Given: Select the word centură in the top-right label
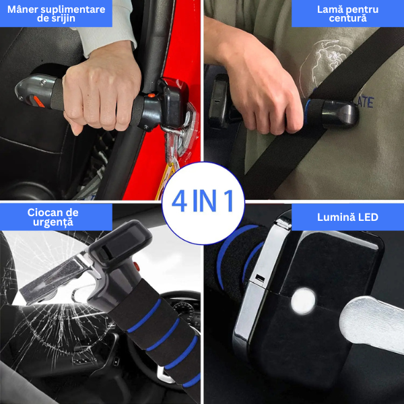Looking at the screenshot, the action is (347, 18).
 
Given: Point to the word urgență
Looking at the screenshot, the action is (53, 222).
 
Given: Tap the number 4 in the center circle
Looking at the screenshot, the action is (179, 201).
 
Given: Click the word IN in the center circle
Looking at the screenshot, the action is (204, 201).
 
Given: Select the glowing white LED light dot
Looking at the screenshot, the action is (303, 301).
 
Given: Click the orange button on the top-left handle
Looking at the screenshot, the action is (151, 96).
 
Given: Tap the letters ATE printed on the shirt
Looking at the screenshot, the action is (366, 102).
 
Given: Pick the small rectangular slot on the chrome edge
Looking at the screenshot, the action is (260, 277).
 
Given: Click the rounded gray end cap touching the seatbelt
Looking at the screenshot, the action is (346, 114).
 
